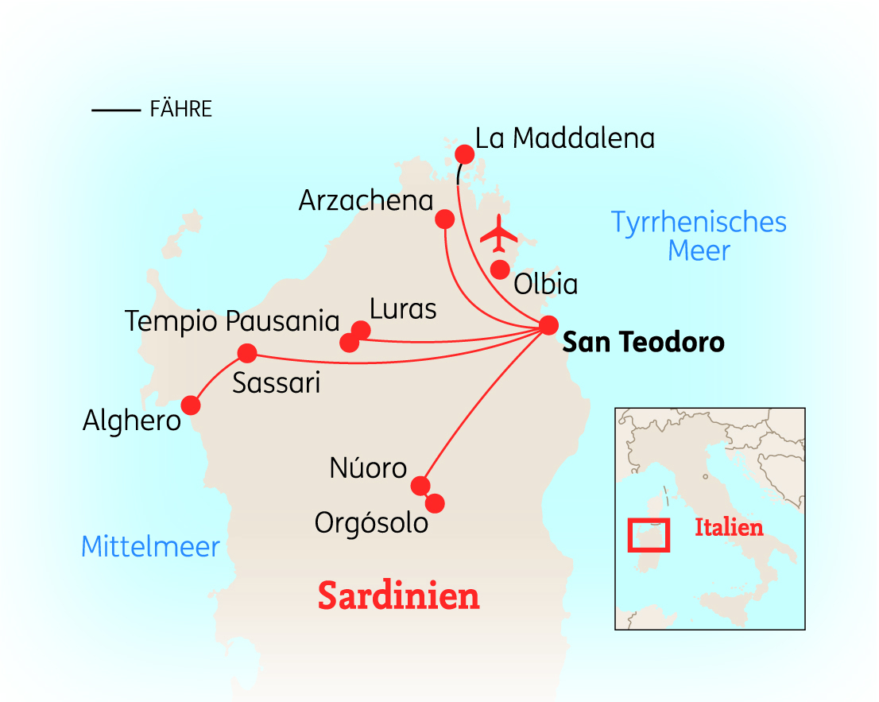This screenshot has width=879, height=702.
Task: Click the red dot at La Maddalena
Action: click(x=463, y=153)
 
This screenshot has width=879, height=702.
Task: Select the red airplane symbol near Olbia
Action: click(x=499, y=233)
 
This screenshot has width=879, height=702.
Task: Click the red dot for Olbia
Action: click(x=499, y=270)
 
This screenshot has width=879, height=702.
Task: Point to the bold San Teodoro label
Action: click(x=643, y=343)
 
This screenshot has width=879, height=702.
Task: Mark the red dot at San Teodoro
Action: click(x=548, y=325)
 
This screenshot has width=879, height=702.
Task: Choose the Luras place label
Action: click(x=403, y=308)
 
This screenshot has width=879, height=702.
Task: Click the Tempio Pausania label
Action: click(x=232, y=322)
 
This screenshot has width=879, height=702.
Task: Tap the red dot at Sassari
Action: click(x=247, y=353)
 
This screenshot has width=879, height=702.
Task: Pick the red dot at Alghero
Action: click(x=191, y=405)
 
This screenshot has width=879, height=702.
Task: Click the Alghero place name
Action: click(x=132, y=421)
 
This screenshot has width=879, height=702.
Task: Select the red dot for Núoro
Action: click(x=420, y=486)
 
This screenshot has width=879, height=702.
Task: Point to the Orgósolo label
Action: click(x=371, y=523)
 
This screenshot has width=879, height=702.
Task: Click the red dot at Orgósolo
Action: click(x=435, y=503)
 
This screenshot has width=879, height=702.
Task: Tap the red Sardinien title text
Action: click(x=399, y=595)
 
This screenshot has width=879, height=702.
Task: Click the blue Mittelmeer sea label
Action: click(x=150, y=547)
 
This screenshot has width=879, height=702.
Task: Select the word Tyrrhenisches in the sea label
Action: click(x=699, y=222)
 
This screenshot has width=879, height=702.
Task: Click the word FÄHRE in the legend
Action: click(x=180, y=110)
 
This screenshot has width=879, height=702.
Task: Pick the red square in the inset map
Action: click(x=649, y=534)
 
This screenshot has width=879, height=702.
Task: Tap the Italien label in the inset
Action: click(x=729, y=527)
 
